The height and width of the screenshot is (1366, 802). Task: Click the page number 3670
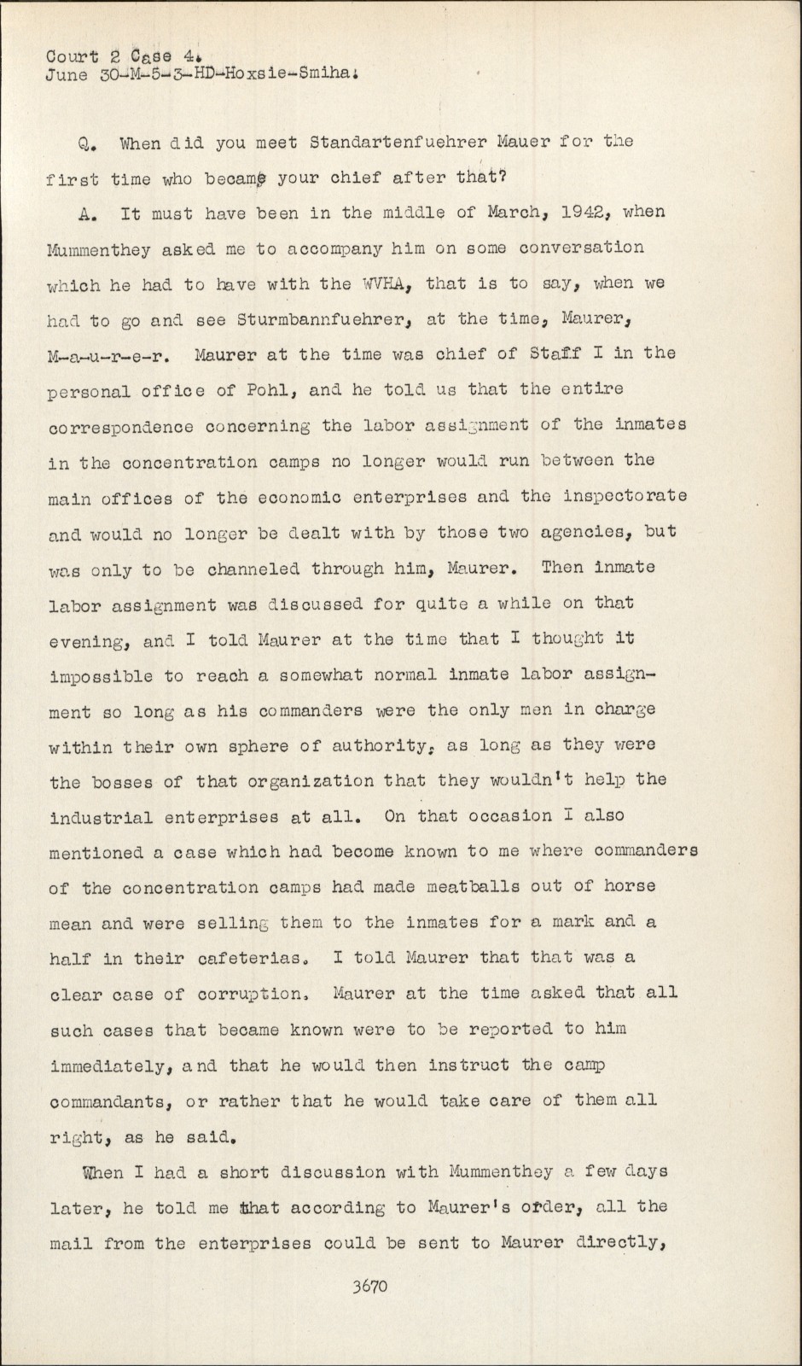[369, 1286]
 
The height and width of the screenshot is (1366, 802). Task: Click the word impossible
[101, 676]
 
